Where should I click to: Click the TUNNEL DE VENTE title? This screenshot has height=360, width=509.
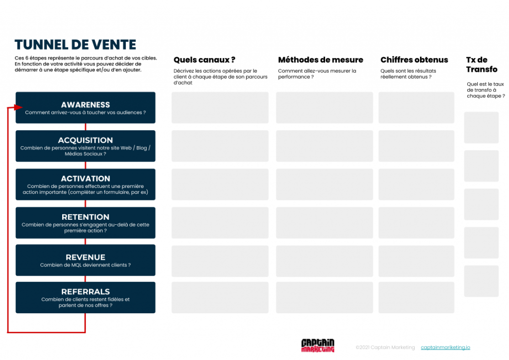coord(76,45)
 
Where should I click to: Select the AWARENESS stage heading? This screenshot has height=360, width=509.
coord(85,105)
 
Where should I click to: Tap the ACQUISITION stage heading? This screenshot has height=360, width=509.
coord(85,140)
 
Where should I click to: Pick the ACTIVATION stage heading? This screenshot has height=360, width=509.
coord(85,179)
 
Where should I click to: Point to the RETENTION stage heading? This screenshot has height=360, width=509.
coord(85,217)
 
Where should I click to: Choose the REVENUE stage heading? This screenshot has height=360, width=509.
coord(85,257)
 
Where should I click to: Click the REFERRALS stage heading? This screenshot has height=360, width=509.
coord(85,291)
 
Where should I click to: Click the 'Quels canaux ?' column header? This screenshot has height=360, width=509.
coord(204,60)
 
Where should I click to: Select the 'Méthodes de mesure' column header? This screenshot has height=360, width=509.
coord(321,60)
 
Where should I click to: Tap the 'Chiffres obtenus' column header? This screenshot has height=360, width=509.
coord(414,60)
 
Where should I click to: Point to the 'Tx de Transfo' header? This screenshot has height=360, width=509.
coord(482,65)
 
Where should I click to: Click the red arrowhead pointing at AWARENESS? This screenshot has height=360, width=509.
coord(18,107)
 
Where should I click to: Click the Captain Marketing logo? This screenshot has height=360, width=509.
coord(318,346)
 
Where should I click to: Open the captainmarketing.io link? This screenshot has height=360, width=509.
coord(445,348)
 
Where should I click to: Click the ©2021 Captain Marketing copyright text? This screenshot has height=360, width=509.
coord(385,348)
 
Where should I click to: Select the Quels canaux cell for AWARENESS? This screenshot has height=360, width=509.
coord(220,107)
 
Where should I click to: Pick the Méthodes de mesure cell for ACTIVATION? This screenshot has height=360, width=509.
coord(324,184)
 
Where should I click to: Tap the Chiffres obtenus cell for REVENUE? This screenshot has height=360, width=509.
coord(416,261)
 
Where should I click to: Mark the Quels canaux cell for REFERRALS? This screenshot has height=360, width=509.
coord(220,297)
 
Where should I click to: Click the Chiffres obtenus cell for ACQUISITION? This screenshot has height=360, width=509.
coord(416,146)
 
